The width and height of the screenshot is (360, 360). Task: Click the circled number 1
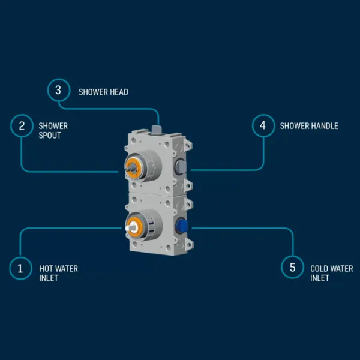[20, 268]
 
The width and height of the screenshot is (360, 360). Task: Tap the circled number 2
[22, 126]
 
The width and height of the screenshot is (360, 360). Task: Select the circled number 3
[58, 91]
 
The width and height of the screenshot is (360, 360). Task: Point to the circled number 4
[262, 126]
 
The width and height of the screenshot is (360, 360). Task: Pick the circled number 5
[293, 268]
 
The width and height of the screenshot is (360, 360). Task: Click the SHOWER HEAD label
[103, 92]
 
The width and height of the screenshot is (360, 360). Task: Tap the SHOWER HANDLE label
[309, 126]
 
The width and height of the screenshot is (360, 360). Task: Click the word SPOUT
[50, 135]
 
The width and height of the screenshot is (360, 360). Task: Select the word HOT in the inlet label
[46, 269]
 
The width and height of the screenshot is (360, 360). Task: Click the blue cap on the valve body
[182, 226]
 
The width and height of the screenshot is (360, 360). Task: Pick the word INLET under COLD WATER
[320, 278]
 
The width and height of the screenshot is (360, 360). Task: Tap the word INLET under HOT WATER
[49, 278]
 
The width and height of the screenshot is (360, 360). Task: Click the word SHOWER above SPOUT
[53, 126]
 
